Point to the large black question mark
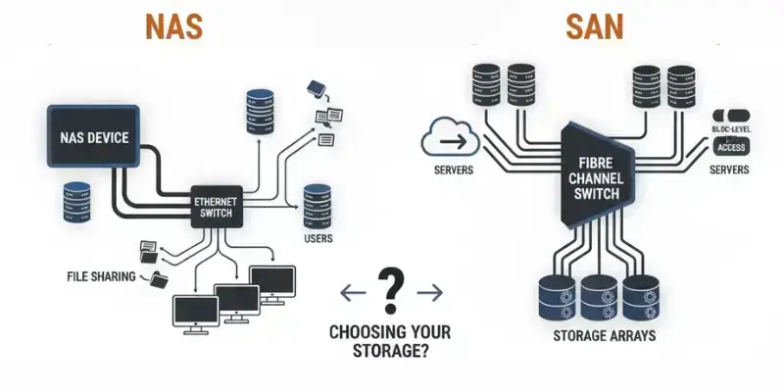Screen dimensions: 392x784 coord(391,289)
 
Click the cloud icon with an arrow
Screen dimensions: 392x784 coord(451,140)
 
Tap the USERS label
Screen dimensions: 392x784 coord(318,238)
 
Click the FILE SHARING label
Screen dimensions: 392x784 coord(101,277)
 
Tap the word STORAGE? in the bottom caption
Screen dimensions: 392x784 coord(391,349)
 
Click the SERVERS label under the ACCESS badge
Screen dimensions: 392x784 coord(728,170)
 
